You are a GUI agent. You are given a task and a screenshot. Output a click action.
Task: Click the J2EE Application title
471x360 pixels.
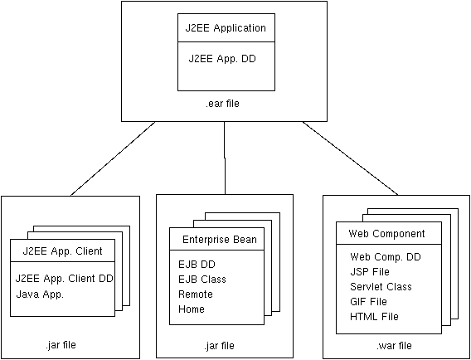click(226, 28)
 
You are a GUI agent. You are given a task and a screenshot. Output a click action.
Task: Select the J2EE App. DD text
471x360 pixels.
click(222, 58)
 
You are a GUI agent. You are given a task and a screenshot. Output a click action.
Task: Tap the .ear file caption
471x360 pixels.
click(222, 104)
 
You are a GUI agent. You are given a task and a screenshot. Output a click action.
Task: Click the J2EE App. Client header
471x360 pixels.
click(62, 251)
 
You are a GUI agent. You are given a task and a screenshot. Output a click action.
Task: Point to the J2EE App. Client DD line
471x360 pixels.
click(64, 279)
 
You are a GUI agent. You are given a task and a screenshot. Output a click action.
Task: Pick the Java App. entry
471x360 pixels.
click(40, 294)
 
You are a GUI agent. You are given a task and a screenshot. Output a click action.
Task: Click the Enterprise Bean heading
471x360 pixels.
click(220, 240)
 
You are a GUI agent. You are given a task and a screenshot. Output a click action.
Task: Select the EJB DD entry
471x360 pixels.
click(197, 265)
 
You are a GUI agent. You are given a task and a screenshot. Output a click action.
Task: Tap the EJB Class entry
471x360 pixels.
click(202, 280)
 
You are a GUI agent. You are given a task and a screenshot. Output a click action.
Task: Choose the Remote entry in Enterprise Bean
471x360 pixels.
click(195, 294)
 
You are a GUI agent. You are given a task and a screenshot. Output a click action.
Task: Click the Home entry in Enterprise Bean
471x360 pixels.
click(192, 309)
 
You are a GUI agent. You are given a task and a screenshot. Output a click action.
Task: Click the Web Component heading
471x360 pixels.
click(386, 233)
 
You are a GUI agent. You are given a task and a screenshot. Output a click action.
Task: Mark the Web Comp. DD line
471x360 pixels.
click(386, 256)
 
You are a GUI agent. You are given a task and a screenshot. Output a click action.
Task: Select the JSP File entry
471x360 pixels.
click(370, 271)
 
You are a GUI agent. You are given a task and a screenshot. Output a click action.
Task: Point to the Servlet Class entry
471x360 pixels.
click(381, 286)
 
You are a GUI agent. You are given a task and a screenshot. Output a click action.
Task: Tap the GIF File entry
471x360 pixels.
click(368, 301)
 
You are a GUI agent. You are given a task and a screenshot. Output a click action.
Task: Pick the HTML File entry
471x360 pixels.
click(374, 316)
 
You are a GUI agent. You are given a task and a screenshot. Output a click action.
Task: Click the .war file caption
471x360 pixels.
click(394, 346)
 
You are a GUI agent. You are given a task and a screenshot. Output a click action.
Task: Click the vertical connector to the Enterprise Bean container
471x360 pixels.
click(225, 158)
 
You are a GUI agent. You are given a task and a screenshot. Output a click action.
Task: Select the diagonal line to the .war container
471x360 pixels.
click(351, 158)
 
